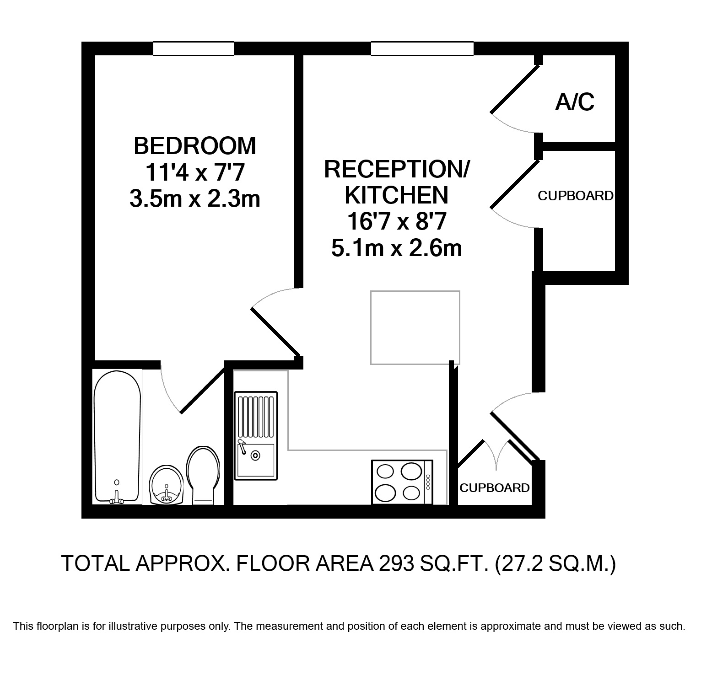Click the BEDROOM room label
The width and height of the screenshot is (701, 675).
195,146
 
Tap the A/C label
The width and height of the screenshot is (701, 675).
575,102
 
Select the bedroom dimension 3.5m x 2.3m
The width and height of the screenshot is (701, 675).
195,199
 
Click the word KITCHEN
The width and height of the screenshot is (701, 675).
396,195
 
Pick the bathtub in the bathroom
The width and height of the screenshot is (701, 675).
117,437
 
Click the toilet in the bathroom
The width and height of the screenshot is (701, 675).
203,475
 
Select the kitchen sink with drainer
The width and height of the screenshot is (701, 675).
256,435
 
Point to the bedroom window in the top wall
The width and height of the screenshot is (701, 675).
194,48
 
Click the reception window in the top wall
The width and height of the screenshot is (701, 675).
422,48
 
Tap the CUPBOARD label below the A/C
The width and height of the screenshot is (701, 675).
576,196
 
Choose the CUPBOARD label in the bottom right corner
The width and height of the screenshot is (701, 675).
495,488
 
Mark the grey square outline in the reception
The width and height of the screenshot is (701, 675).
415,327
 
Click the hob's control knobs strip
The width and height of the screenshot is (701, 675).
428,482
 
